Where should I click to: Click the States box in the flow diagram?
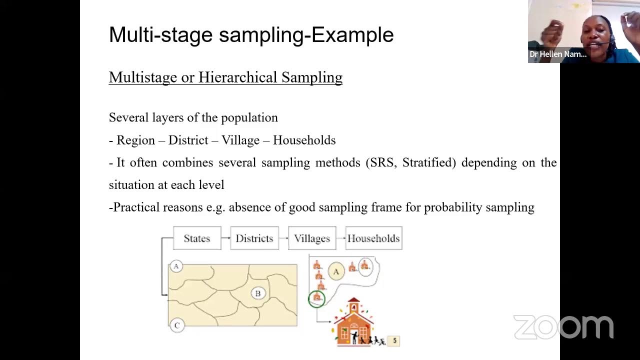[x=197, y=238]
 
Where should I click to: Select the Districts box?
[x=254, y=238]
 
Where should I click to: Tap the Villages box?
[x=312, y=238]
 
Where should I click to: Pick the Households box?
[x=373, y=238]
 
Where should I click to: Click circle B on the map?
[x=258, y=293]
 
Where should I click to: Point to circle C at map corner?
[x=176, y=325]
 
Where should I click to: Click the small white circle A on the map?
[x=176, y=266]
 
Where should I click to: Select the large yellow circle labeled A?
[x=336, y=271]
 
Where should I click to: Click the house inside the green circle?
[x=316, y=298]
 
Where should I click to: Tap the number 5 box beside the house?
[x=394, y=341]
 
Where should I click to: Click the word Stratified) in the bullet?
[x=429, y=162]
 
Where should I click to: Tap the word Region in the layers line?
[x=135, y=140]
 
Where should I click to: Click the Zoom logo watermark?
[x=563, y=327]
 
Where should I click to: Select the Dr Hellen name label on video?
[x=558, y=54]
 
